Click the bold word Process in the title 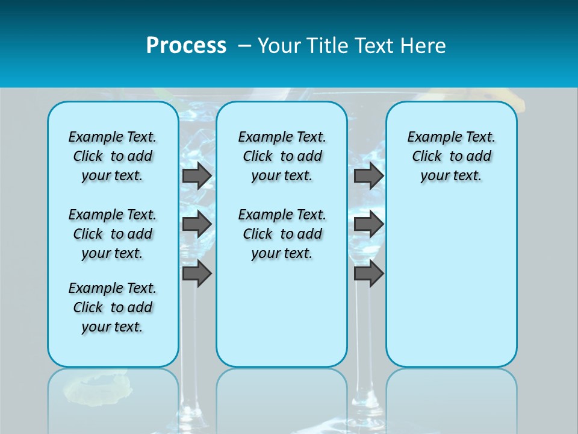point(186,46)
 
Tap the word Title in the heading point(328,46)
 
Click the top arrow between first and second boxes point(196,176)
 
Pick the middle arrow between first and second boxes point(196,224)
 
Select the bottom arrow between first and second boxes point(196,274)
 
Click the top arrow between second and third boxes point(368,176)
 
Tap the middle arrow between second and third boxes point(368,224)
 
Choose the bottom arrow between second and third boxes point(368,274)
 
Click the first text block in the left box point(113,156)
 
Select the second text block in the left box point(113,234)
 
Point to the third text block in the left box point(113,307)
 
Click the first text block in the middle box point(282,156)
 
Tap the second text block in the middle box point(282,234)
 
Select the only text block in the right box point(451,156)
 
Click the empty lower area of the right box point(451,289)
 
